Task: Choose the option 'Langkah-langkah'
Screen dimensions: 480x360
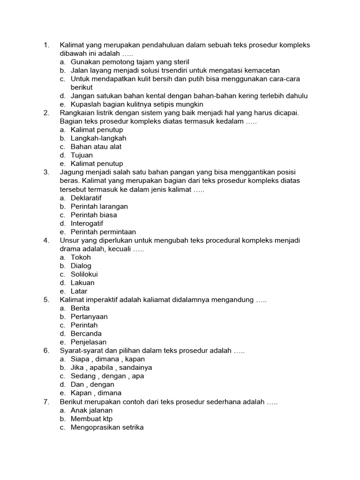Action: (98, 138)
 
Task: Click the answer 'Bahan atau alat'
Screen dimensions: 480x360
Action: (96, 147)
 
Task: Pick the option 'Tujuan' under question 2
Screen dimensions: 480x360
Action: (82, 155)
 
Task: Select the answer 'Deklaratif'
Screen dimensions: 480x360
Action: (86, 198)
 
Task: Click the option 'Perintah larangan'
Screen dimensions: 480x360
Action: (99, 206)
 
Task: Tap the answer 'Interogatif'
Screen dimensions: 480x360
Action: (87, 223)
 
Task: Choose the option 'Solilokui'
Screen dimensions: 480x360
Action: (84, 274)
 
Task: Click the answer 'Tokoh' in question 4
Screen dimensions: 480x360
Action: (81, 257)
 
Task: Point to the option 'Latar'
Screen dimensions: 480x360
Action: (79, 291)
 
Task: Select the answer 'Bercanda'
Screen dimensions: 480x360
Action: (85, 334)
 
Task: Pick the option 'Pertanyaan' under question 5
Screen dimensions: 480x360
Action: (89, 317)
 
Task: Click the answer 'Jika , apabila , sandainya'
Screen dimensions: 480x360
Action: (112, 367)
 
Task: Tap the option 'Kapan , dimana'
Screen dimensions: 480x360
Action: (96, 393)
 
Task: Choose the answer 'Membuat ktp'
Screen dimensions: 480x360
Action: (92, 419)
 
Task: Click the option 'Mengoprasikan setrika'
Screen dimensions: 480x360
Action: (107, 427)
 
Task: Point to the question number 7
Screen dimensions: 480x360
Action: (46, 402)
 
